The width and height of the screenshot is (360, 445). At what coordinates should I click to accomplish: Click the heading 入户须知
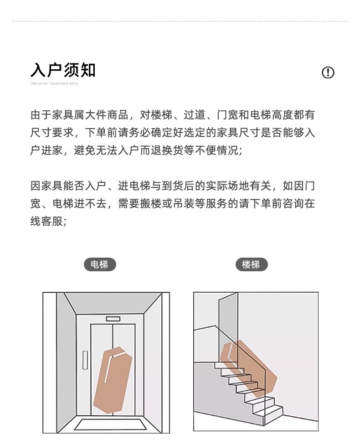[x=63, y=70]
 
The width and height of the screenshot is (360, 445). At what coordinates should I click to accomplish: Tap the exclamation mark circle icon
[x=328, y=72]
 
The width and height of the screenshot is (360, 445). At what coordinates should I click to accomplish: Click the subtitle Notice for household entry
[x=55, y=83]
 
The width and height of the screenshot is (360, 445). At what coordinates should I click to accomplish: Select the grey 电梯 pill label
[x=100, y=264]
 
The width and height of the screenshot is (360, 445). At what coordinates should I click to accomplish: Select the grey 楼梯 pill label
[x=252, y=264]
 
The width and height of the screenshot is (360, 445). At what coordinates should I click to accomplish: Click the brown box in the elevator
[x=113, y=379]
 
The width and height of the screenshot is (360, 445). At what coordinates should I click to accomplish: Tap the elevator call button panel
[x=85, y=360]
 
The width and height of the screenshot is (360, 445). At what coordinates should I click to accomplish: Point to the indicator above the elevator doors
[x=113, y=319]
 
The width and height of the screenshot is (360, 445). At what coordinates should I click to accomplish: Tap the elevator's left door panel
[x=102, y=369]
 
